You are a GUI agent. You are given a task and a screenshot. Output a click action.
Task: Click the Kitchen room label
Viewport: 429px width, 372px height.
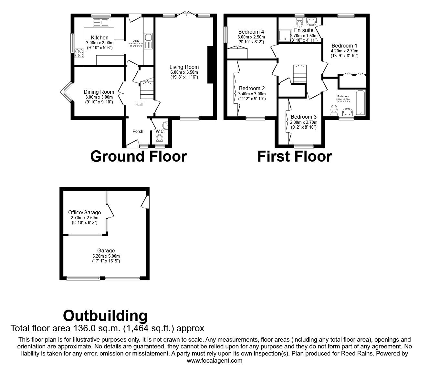pos(99,37)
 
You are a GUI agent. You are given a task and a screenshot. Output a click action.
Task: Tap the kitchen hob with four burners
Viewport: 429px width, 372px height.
pos(79,53)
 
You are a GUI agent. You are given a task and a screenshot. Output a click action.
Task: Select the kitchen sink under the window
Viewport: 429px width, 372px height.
pos(101,22)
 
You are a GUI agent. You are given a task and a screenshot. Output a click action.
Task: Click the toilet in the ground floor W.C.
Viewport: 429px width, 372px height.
pos(159,139)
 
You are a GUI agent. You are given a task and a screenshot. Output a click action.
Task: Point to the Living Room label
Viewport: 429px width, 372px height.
pos(184,67)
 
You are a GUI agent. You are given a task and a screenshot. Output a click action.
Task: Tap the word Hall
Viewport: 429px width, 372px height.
pos(139,104)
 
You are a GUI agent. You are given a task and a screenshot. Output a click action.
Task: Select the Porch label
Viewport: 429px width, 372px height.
pos(138,131)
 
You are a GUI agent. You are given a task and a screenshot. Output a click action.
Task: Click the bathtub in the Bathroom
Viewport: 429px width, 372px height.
pos(360,103)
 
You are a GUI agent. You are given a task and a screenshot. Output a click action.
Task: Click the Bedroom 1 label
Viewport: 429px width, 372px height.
pos(344,46)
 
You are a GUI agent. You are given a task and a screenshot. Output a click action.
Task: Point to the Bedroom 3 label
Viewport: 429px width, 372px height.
pos(303,117)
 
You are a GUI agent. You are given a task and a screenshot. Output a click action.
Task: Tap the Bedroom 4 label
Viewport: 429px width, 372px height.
pos(251,32)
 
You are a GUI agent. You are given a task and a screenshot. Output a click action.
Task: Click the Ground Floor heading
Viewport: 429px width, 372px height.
pos(138,156)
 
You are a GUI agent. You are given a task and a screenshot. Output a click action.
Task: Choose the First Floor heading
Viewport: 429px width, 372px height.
pos(294,156)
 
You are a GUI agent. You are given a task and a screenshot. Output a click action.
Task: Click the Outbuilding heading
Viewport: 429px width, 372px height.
pos(105,315)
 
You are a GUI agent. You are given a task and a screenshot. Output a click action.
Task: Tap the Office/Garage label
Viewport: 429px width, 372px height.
pos(84,212)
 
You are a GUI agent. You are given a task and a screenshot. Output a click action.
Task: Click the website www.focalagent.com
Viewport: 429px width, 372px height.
pos(214,361)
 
